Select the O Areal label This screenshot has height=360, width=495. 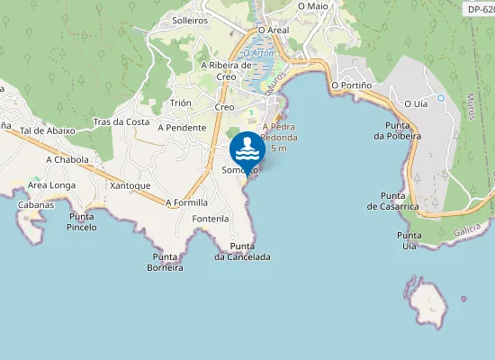coord(273,30)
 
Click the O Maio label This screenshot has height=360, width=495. coord(313,5)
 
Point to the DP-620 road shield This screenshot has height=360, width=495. coord(480,9)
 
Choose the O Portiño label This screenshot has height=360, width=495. coord(351,85)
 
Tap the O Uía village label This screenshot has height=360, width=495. coord(416,103)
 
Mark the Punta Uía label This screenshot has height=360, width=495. coord(409,240)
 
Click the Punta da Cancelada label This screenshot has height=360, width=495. coord(242,251)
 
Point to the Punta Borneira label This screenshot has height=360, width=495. coord(166,262)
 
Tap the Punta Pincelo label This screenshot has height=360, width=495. coord(82,221)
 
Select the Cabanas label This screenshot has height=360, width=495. coord(36,204)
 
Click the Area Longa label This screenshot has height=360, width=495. coord(51,185)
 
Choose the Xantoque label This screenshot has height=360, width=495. coord(130,185)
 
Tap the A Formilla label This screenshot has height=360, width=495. coord(186,202)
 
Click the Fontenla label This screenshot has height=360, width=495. coord(211,219)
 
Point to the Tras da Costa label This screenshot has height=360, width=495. coord(121,121)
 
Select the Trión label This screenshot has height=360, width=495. coord(180,103)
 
